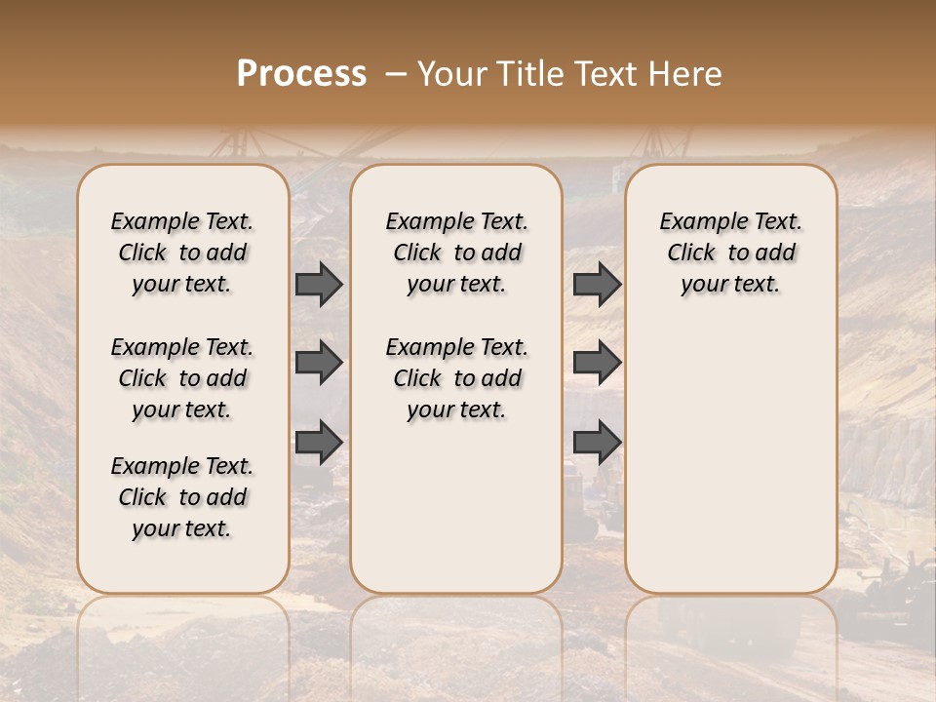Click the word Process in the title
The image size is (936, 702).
coord(301,74)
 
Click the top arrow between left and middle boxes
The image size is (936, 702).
coord(319,284)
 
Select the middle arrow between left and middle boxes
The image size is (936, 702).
coord(319,363)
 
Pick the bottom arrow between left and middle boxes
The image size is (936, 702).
coord(319,443)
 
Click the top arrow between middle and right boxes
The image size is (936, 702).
coord(597,284)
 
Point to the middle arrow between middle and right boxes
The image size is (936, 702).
coord(597,363)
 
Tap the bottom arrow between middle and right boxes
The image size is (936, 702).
coord(597,443)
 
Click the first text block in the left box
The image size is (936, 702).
coord(182,253)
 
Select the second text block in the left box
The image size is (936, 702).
coord(182,378)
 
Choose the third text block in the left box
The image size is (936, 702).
coord(182,497)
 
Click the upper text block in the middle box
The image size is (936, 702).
coord(457,253)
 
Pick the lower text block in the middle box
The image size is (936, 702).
coord(457,378)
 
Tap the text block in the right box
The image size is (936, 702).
coord(731,253)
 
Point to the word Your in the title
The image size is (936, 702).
coord(451,74)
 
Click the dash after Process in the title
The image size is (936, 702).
coord(396,74)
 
